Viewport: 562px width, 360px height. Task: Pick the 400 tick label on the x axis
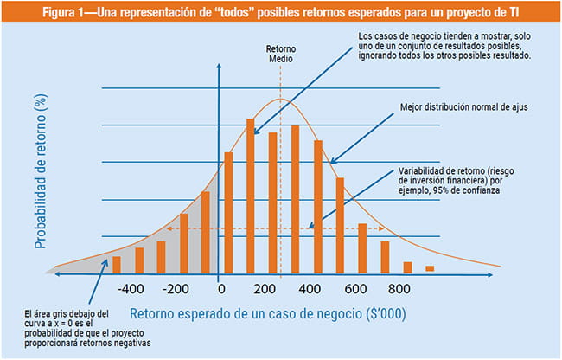pyautogui.click(x=310, y=289)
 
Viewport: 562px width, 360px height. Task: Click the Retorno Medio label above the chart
pyautogui.click(x=279, y=54)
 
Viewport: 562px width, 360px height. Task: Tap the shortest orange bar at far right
pyautogui.click(x=430, y=270)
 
